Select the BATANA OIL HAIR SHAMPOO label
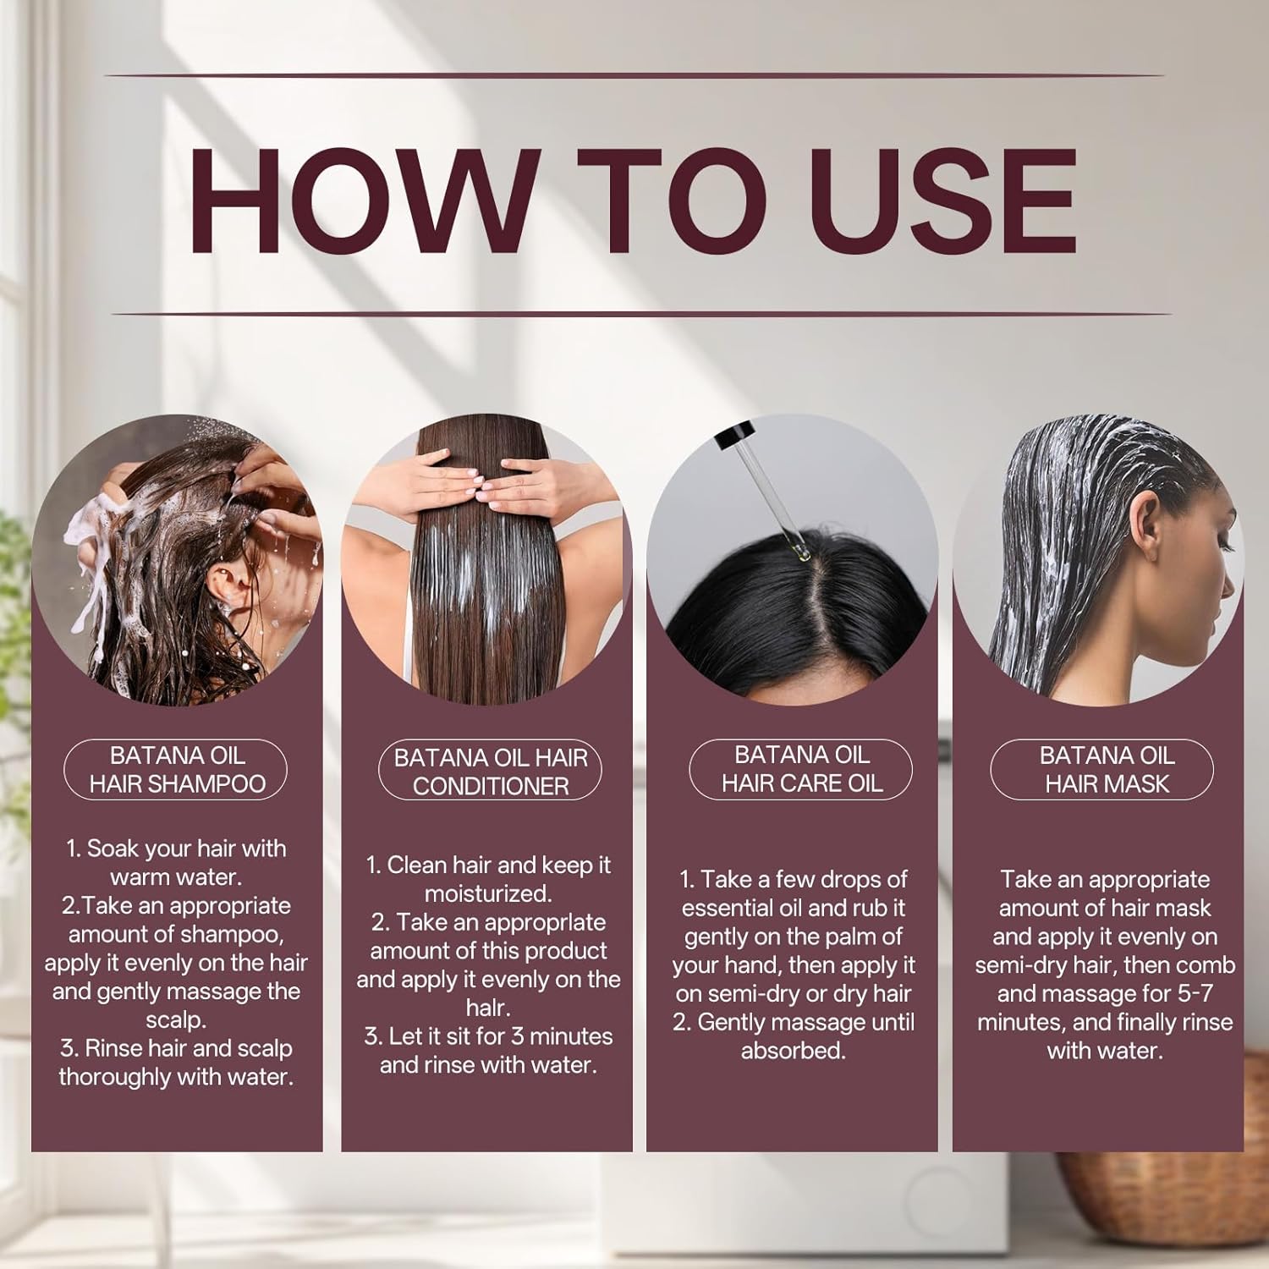176,770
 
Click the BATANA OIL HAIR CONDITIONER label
490,772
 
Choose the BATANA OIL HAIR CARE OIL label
801,769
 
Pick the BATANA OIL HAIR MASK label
1102,770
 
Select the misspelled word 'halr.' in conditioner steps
488,1008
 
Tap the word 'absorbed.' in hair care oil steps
793,1051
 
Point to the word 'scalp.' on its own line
176,1020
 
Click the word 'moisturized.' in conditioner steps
488,894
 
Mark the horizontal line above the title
634,75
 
